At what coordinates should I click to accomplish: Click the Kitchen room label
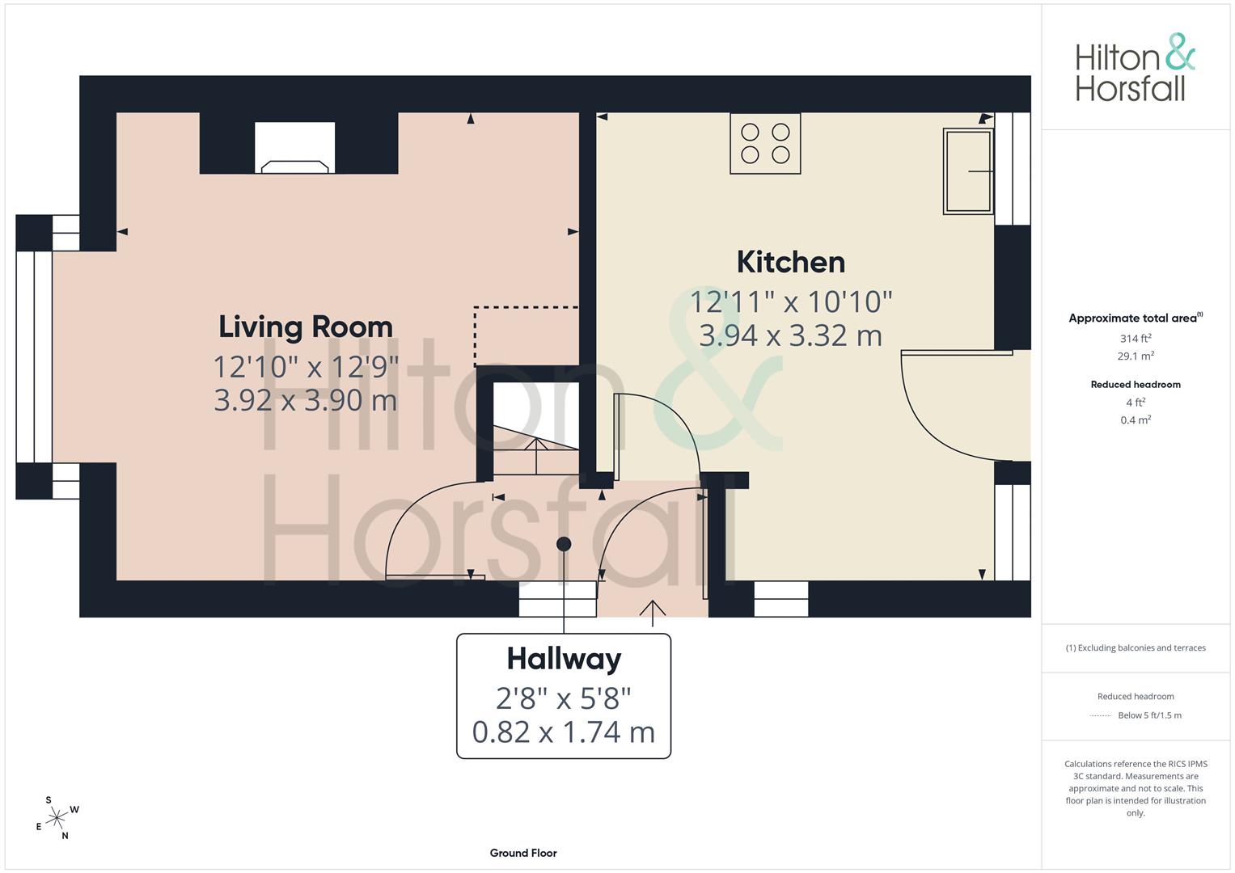tap(791, 263)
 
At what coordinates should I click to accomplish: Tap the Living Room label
tap(306, 327)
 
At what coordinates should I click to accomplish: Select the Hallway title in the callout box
tap(564, 659)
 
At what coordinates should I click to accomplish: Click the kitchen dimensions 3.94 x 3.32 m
tap(791, 335)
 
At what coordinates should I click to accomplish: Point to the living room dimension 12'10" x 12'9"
tap(306, 366)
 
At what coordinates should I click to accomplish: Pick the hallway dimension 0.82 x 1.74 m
tap(564, 732)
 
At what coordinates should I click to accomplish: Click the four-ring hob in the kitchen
tap(765, 144)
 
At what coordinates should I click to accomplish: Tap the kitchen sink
tap(968, 171)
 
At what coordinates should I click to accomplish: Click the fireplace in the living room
tap(295, 148)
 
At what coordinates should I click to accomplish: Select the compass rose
tap(57, 818)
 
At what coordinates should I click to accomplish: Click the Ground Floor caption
tap(523, 853)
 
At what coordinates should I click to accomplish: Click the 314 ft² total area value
tap(1136, 339)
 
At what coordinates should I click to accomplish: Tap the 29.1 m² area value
tap(1136, 356)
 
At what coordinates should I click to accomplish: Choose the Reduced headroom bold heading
tap(1136, 385)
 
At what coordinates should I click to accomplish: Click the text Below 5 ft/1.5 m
tap(1149, 715)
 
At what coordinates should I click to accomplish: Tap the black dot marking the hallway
tap(564, 545)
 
